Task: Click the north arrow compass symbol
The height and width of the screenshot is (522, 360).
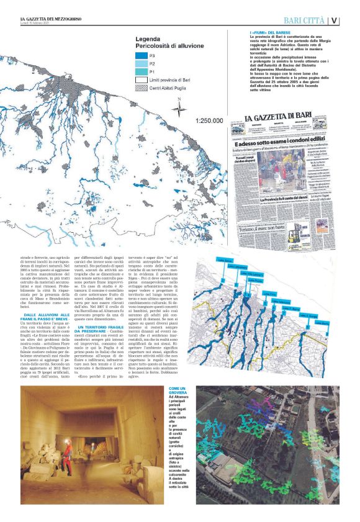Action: pyautogui.click(x=179, y=109)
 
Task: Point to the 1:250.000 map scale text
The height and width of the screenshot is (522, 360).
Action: pyautogui.click(x=208, y=122)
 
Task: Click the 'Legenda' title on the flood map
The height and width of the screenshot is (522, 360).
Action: pyautogui.click(x=152, y=38)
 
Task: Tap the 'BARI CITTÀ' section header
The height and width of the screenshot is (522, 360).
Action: pyautogui.click(x=300, y=20)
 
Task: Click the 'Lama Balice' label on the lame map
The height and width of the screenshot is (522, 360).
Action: pyautogui.click(x=220, y=261)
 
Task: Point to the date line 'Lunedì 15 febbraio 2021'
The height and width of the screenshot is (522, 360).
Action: pyautogui.click(x=37, y=25)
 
